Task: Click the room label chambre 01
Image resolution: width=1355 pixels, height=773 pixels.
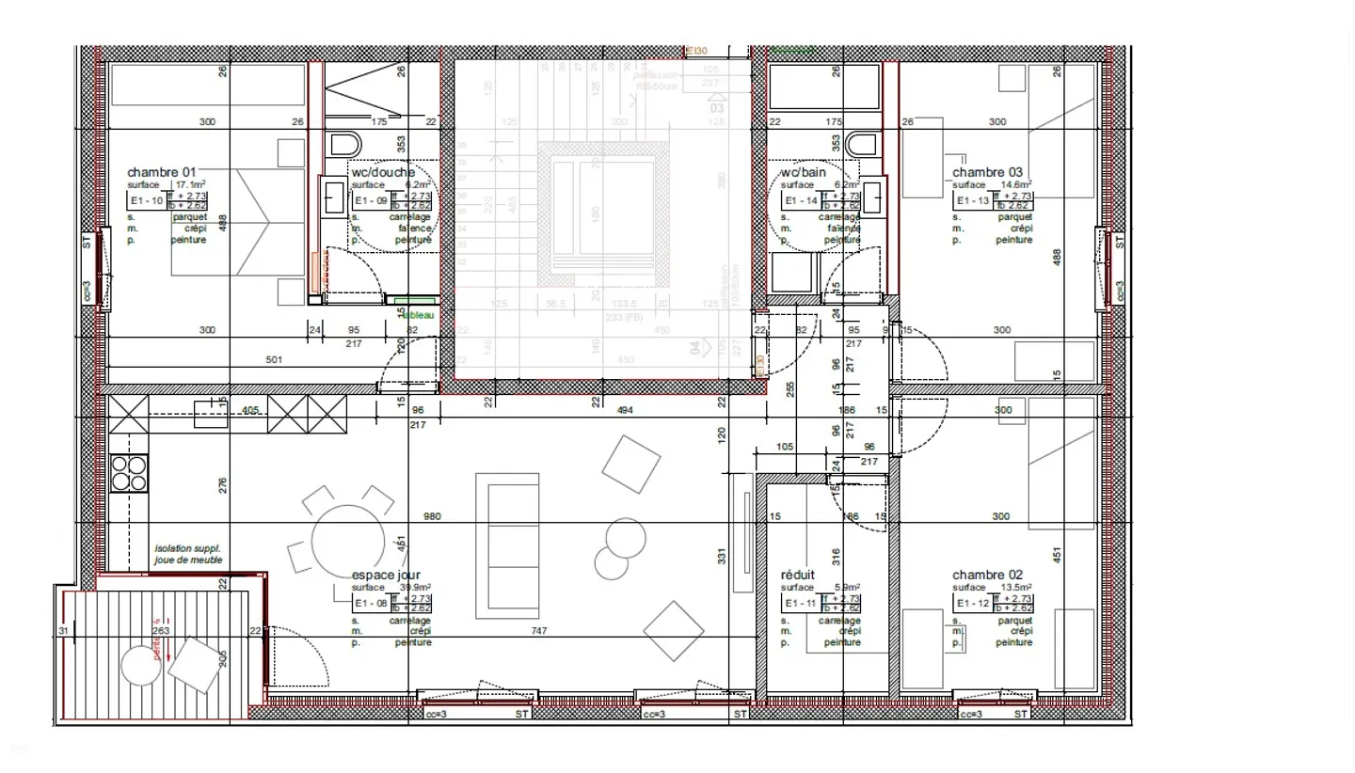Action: pos(162,172)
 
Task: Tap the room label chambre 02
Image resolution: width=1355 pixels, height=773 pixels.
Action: pos(987,575)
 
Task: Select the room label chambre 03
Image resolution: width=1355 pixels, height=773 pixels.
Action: pos(987,172)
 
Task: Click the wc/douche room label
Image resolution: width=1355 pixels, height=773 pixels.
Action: pos(383,172)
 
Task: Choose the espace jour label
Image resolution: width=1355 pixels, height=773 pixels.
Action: pos(386,575)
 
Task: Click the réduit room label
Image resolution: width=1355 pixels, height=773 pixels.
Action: pos(798,575)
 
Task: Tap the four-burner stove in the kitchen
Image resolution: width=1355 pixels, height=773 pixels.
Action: pos(129,473)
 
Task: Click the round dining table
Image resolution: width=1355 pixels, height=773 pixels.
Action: pos(348,543)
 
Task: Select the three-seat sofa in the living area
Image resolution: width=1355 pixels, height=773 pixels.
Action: pos(507,545)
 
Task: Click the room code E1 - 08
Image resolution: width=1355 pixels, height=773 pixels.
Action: pos(370,604)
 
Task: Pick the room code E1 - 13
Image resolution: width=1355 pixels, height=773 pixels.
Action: pos(972,201)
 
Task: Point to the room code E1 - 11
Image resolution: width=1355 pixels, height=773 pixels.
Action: pos(801,604)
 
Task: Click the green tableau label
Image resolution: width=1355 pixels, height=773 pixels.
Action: pos(417,315)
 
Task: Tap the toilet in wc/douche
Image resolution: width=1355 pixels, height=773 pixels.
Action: pos(345,145)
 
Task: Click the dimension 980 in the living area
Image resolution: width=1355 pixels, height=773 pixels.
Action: pos(432,516)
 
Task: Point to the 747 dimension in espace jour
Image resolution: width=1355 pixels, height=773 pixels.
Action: pos(539,631)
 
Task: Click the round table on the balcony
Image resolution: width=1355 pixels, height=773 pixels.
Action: pos(140,667)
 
